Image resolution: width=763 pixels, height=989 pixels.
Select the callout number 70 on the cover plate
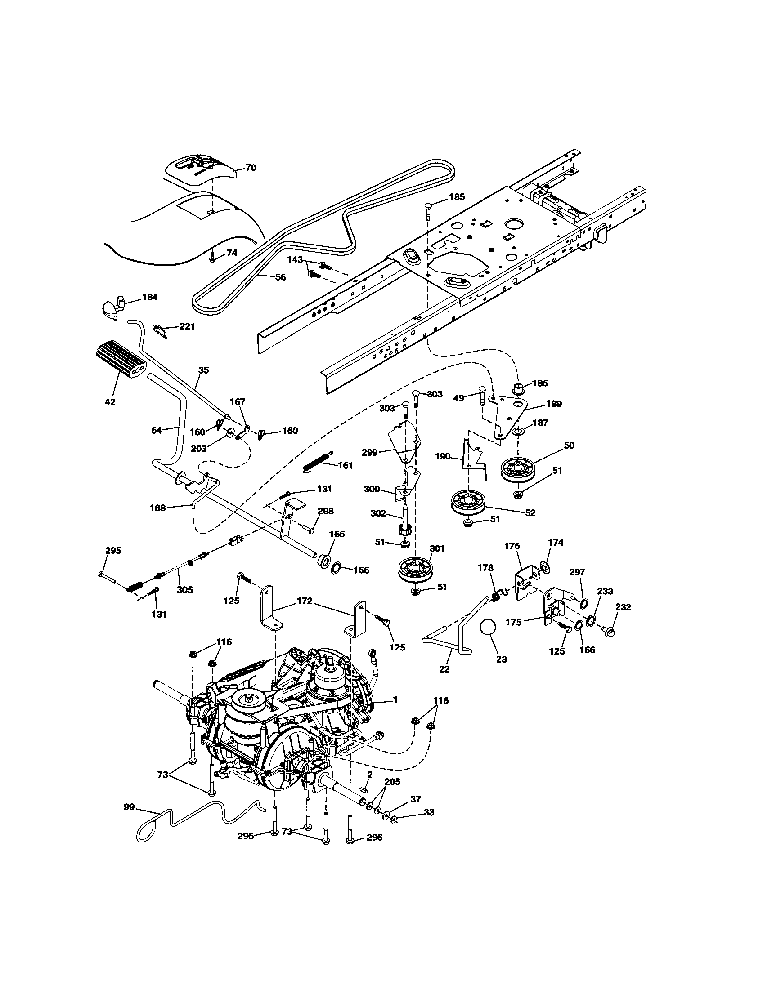coord(250,168)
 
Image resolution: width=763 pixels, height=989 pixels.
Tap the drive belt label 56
coord(280,277)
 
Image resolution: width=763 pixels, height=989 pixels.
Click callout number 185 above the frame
coord(457,197)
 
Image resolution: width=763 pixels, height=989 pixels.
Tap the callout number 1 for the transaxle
coord(395,700)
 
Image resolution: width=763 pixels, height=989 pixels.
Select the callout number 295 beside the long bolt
coord(113,551)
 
